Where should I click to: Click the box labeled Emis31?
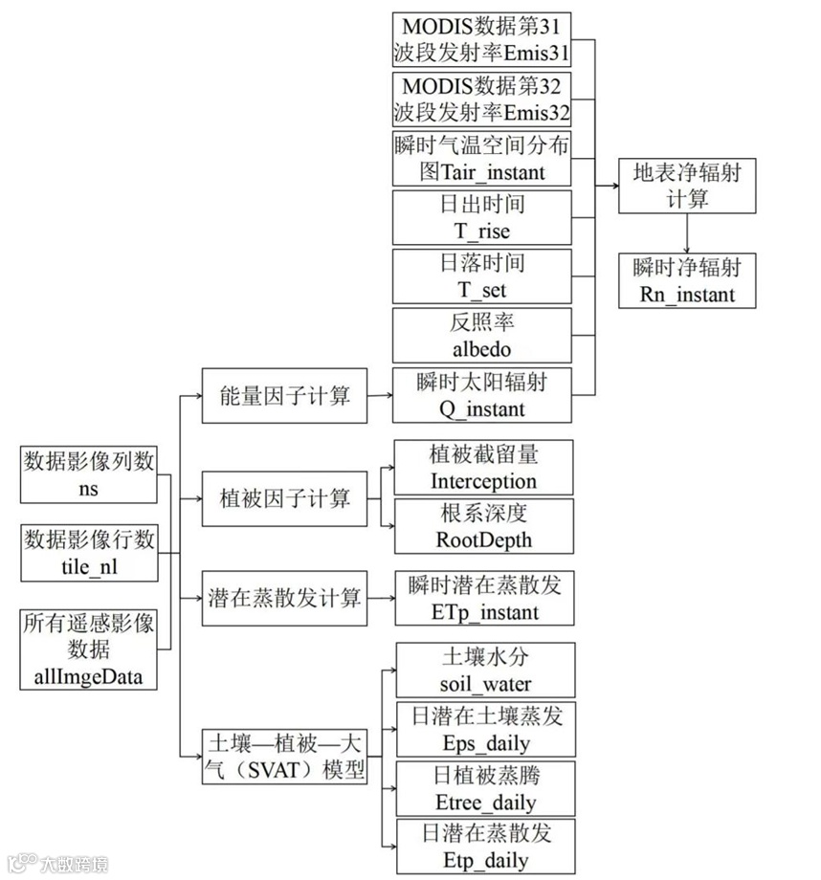point(482,39)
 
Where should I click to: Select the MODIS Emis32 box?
point(482,99)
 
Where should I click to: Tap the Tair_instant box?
point(482,159)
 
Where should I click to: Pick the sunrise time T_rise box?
point(482,217)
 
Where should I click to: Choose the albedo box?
point(482,335)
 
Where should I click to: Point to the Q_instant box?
point(482,394)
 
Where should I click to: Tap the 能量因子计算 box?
point(285,394)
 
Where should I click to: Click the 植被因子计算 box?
point(285,498)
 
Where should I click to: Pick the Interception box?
point(482,468)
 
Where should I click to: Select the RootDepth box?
point(482,525)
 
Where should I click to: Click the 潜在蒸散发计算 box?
point(285,598)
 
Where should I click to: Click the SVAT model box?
point(285,756)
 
